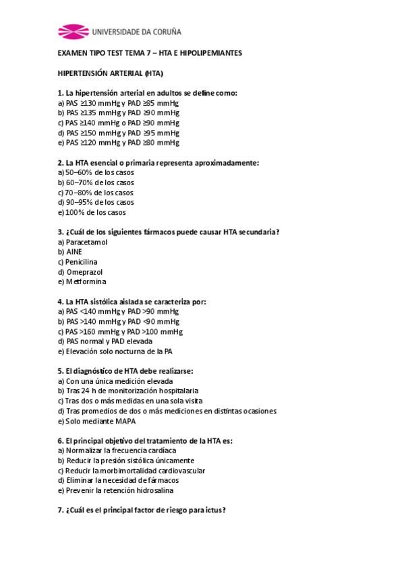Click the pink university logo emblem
pyautogui.click(x=72, y=31)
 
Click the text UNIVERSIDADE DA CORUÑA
pyautogui.click(x=136, y=31)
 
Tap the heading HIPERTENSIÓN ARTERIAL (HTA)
pyautogui.click(x=111, y=73)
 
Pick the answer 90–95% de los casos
pyautogui.click(x=96, y=202)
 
